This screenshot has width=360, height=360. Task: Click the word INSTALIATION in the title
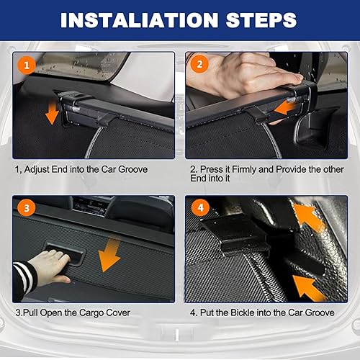(x=139, y=20)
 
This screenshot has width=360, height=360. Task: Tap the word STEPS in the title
(x=261, y=20)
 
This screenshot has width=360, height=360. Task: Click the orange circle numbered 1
(x=27, y=66)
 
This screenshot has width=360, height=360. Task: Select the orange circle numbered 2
(x=199, y=64)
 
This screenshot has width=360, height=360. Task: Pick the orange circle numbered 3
(x=27, y=207)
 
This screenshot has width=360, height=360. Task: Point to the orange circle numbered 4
(x=200, y=207)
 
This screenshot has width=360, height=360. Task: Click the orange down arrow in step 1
(x=52, y=113)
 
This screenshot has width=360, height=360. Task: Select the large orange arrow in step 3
(x=109, y=254)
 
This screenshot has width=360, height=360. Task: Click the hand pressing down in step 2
(x=243, y=74)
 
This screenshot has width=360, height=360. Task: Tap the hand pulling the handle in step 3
(x=49, y=266)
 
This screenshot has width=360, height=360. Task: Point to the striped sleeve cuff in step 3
(x=24, y=279)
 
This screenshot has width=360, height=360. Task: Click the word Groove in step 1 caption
(x=133, y=169)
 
